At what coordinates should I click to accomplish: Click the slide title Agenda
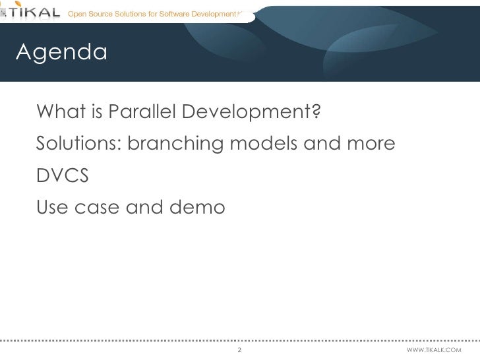[x=61, y=51]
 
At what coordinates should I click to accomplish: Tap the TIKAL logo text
[x=37, y=13]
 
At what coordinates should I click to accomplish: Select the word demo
[x=198, y=208]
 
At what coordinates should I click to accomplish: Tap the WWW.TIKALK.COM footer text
[x=435, y=349]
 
